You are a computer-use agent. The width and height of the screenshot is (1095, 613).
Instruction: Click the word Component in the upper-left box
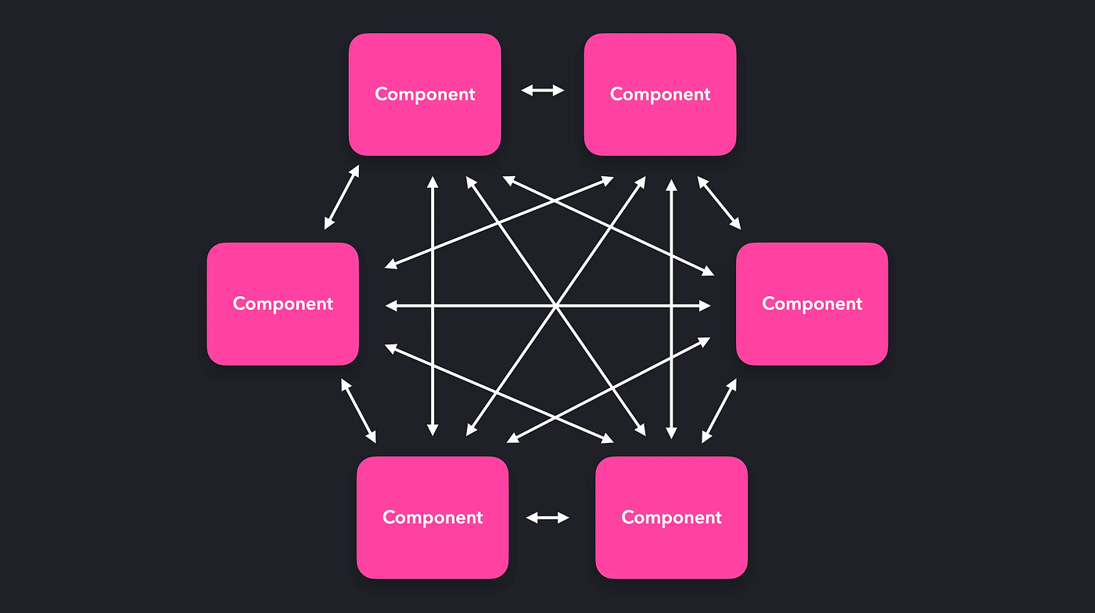coord(425,95)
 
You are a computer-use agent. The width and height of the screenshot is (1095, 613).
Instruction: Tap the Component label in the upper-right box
coord(660,95)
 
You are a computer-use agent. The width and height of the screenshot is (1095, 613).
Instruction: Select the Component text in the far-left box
coord(282,304)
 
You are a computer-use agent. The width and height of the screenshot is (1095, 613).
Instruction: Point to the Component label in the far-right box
coord(812,304)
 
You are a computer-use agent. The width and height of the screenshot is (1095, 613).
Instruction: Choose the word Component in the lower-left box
coord(433,517)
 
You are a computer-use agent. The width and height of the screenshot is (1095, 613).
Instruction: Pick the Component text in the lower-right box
coord(672,517)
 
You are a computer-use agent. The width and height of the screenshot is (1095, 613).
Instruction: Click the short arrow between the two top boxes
coord(543,91)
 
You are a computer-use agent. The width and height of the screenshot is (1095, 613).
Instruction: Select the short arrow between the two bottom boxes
coord(547,517)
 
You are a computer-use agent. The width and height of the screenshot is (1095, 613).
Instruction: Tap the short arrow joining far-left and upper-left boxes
coord(342,197)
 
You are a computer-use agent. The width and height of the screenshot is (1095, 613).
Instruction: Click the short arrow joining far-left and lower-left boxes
coord(359,411)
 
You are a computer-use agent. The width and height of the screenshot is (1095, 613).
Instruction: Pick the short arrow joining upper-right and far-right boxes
coord(719,203)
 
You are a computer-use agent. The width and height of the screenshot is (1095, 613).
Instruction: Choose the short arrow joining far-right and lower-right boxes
coord(719,411)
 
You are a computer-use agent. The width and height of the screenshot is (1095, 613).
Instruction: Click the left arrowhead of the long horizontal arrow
coord(390,306)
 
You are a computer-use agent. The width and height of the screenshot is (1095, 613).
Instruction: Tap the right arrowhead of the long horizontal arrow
coord(705,306)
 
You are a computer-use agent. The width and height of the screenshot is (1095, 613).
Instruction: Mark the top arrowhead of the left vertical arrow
coord(433,182)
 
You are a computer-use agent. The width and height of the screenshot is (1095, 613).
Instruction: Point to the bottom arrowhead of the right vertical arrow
coord(672,433)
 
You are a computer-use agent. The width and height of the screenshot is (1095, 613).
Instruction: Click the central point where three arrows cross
coord(556,306)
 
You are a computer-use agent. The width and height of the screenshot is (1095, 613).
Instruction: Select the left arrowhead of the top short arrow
coord(526,91)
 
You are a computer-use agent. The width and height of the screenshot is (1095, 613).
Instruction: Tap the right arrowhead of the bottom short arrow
coord(564,517)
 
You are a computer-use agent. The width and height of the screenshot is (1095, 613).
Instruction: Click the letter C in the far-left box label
coord(239,303)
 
